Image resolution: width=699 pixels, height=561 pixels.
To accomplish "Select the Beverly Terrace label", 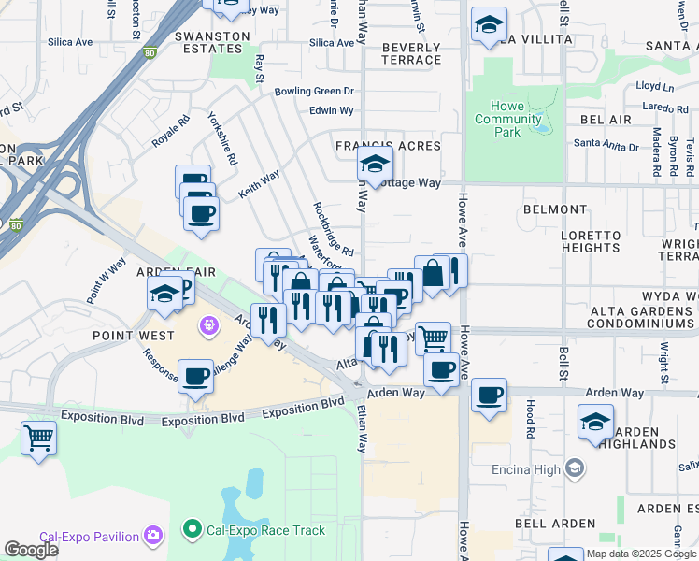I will [411, 53].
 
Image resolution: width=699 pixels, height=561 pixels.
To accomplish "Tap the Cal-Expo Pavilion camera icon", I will [153, 536].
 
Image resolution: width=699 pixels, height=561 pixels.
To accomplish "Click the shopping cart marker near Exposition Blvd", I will [38, 437].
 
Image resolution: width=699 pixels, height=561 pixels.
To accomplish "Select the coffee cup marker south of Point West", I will [194, 377].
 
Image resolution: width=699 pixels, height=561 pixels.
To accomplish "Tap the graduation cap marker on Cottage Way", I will [375, 165].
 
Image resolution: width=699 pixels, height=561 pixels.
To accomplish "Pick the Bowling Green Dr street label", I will [314, 92].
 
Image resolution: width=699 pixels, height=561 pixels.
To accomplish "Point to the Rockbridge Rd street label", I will [333, 230].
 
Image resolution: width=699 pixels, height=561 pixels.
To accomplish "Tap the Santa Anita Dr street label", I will [606, 145].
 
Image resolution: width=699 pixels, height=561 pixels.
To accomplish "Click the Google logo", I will [31, 550].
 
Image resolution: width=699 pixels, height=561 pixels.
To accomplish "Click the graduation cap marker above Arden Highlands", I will [595, 422].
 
